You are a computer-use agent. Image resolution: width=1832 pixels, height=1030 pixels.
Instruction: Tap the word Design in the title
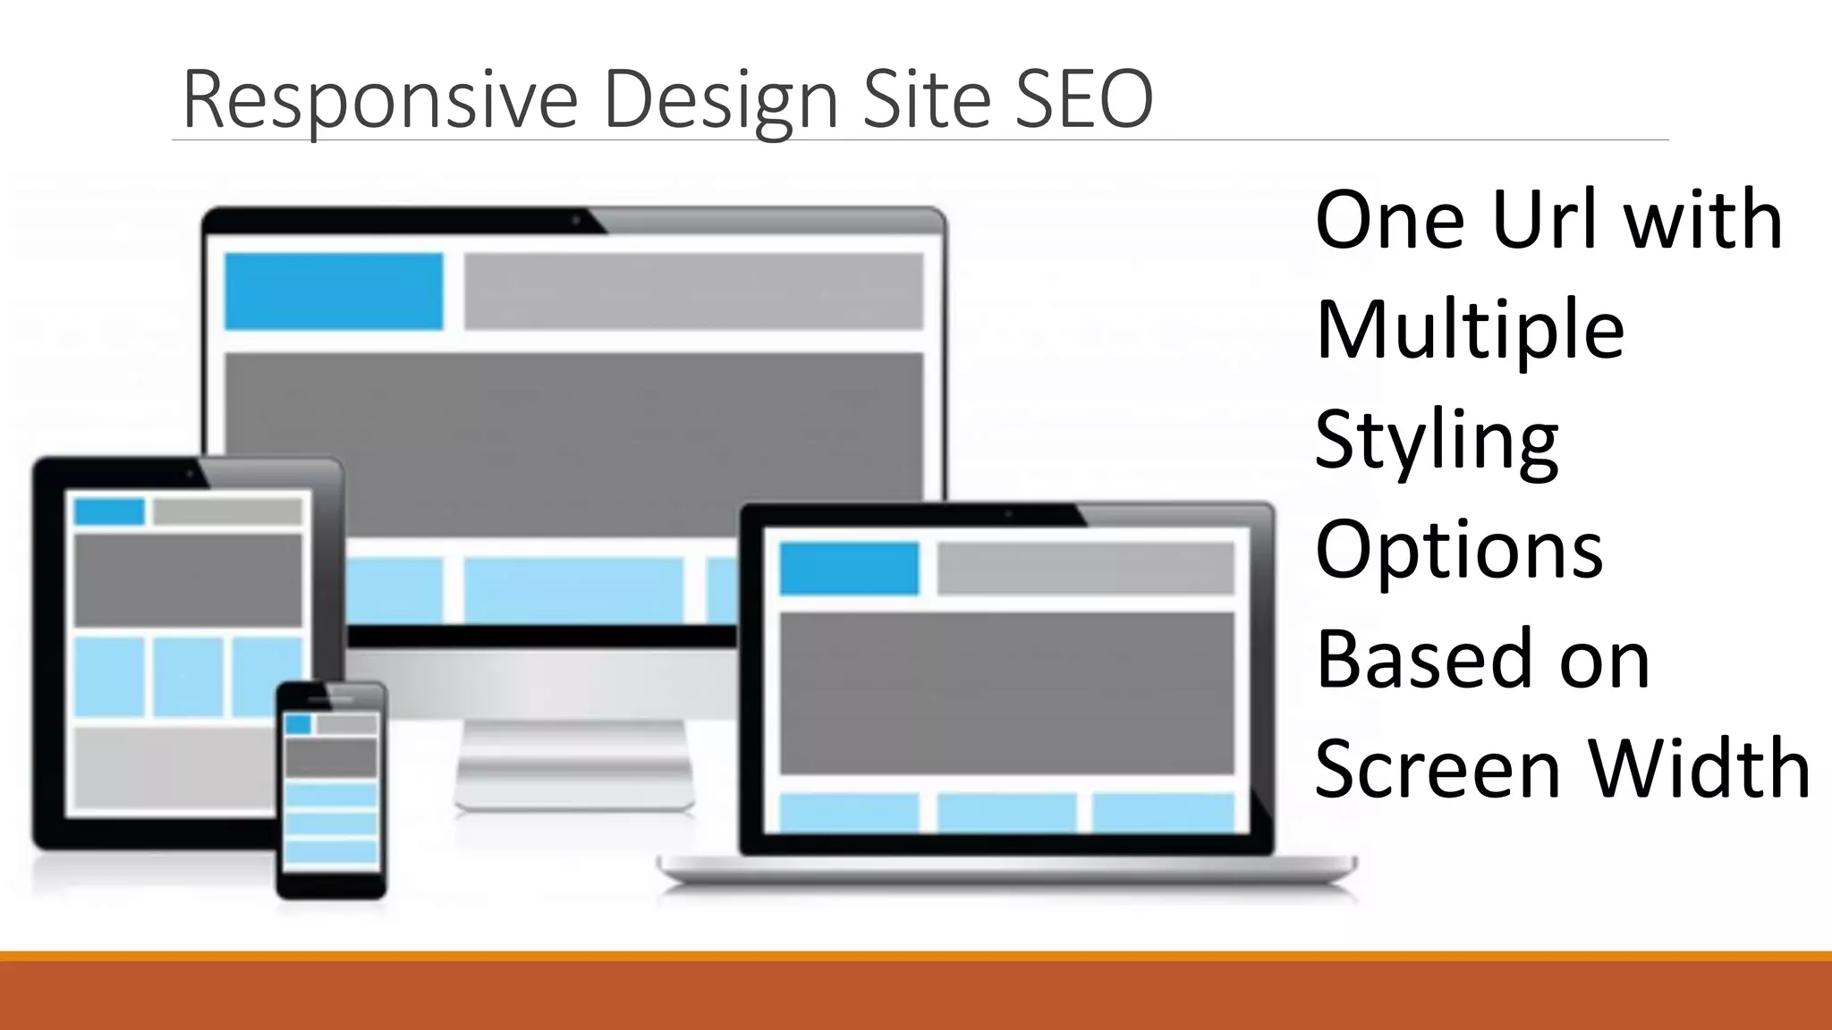pyautogui.click(x=720, y=100)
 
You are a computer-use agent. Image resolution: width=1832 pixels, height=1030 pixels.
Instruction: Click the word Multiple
pyautogui.click(x=1470, y=330)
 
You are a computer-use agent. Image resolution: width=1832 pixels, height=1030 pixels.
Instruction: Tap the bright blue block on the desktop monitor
pyautogui.click(x=334, y=291)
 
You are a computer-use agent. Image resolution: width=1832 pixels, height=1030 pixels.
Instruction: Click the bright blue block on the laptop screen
pyautogui.click(x=849, y=568)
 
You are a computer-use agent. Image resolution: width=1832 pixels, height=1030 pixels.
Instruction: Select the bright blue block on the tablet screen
pyautogui.click(x=109, y=512)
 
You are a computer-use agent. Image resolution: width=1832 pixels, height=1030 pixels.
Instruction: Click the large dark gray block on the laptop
pyautogui.click(x=1006, y=693)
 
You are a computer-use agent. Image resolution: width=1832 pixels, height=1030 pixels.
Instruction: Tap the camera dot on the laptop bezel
pyautogui.click(x=1008, y=514)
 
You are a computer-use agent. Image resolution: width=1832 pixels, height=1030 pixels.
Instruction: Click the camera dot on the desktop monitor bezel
pyautogui.click(x=576, y=219)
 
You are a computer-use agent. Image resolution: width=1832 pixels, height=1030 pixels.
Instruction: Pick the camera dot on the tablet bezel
pyautogui.click(x=189, y=474)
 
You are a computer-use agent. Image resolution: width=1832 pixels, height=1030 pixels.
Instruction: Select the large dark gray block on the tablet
pyautogui.click(x=188, y=579)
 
